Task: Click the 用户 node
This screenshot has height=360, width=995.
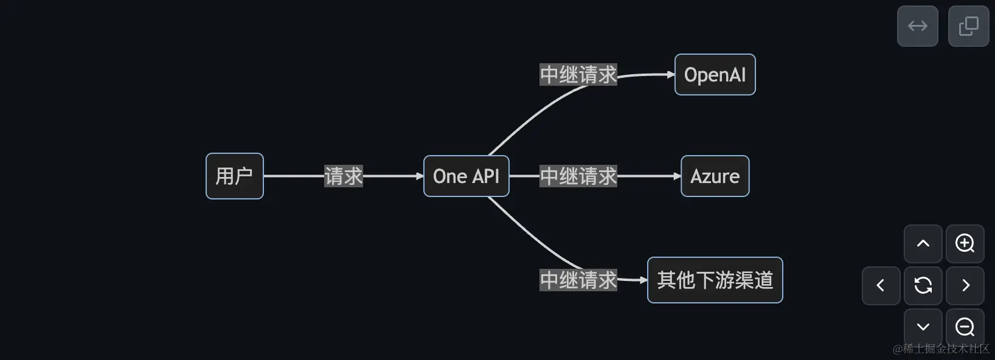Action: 234,176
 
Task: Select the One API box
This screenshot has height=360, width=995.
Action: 466,176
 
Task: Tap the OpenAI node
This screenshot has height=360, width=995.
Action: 715,75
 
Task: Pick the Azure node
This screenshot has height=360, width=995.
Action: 715,176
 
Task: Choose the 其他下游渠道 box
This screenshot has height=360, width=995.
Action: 715,280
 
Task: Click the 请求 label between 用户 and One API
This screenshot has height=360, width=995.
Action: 343,176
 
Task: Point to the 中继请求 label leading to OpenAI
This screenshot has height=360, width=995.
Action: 578,75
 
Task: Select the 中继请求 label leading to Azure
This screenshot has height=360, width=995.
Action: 578,176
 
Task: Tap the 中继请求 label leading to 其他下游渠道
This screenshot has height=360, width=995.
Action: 578,280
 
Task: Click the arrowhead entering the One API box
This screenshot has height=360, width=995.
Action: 420,176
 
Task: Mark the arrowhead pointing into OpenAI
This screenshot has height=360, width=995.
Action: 671,75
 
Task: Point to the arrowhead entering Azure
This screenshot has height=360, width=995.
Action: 677,176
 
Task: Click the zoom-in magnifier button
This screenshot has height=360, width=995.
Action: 965,244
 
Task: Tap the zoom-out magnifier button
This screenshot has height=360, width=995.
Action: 965,327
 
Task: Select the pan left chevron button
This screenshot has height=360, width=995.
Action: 881,285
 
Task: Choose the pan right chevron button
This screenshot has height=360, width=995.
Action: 965,285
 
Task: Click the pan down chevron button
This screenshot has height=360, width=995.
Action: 923,327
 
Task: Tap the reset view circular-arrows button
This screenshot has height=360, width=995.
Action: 923,285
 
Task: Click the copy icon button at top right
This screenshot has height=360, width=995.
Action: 968,26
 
